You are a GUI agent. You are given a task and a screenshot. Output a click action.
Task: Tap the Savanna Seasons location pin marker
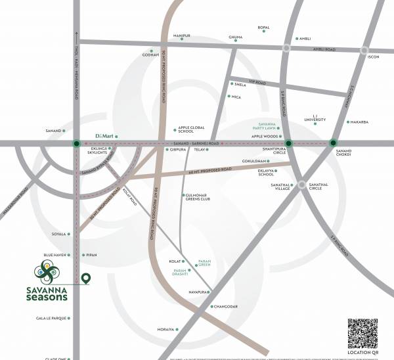(x=85, y=280)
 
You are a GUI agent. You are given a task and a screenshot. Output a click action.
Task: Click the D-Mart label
(x=105, y=135)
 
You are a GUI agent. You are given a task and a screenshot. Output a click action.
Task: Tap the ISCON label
(x=374, y=56)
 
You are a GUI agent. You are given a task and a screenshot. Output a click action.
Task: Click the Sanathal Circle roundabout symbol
(x=301, y=186)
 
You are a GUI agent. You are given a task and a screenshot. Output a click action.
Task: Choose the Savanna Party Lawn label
(x=265, y=127)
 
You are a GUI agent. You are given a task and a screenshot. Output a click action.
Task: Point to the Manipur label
(x=181, y=35)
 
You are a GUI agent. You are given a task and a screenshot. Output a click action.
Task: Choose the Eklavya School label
(x=266, y=172)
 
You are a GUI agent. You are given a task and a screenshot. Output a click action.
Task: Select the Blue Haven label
(x=56, y=254)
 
